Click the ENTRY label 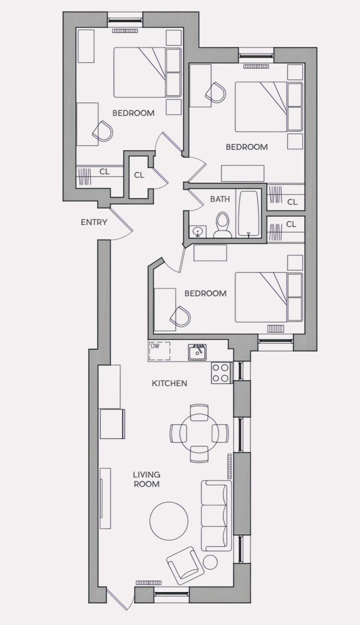click(94, 222)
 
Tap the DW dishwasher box click(159, 351)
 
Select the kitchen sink click(197, 352)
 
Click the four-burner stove click(221, 373)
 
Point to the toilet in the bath click(222, 224)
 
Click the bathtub click(249, 214)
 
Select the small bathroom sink click(198, 231)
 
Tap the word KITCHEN click(169, 383)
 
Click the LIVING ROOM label click(146, 479)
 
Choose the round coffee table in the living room click(169, 521)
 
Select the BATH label click(220, 199)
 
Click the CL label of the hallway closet click(139, 175)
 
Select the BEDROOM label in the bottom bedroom click(205, 293)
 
